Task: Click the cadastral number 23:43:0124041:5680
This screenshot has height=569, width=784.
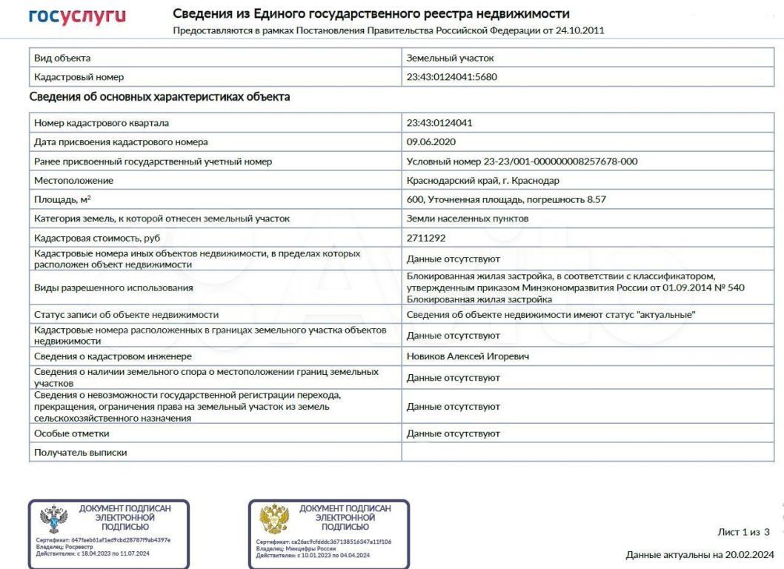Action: click(x=451, y=77)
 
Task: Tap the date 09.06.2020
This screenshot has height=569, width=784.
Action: click(x=431, y=142)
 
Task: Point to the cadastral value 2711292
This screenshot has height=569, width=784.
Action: click(x=426, y=237)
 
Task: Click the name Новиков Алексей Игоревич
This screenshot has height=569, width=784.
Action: click(x=467, y=357)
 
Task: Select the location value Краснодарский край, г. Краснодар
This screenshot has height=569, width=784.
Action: click(x=483, y=180)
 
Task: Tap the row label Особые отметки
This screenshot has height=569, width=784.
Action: click(x=67, y=433)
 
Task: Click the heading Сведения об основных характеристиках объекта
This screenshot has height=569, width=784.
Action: click(x=159, y=97)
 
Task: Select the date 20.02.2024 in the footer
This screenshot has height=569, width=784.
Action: click(x=748, y=554)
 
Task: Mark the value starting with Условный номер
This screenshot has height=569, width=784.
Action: click(x=522, y=161)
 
